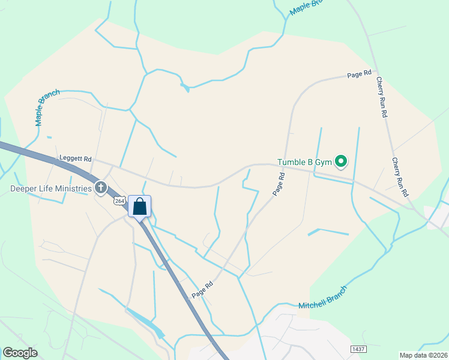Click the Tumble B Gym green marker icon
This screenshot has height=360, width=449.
pos(341,161)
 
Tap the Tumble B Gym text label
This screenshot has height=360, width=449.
pos(304,162)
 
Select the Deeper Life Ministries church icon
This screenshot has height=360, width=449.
pos(101,188)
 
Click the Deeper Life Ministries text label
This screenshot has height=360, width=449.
pos(51,188)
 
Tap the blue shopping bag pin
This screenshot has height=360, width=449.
pos(139,207)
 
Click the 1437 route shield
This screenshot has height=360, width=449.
pos(358,349)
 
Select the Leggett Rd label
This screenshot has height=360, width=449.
pos(75,159)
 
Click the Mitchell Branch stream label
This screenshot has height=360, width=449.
pos(322,298)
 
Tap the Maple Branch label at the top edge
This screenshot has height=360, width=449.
pos(306,7)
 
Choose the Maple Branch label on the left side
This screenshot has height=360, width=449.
pos(47,107)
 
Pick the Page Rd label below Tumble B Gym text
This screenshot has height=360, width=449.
pos(278,184)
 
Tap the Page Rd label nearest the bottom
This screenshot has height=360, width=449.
pos(203,289)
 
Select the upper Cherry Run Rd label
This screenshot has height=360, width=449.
pos(382,97)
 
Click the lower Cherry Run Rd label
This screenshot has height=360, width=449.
pos(400,178)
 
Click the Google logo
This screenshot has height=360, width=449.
pos(20,353)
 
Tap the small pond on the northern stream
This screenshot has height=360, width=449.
pos(185,88)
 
